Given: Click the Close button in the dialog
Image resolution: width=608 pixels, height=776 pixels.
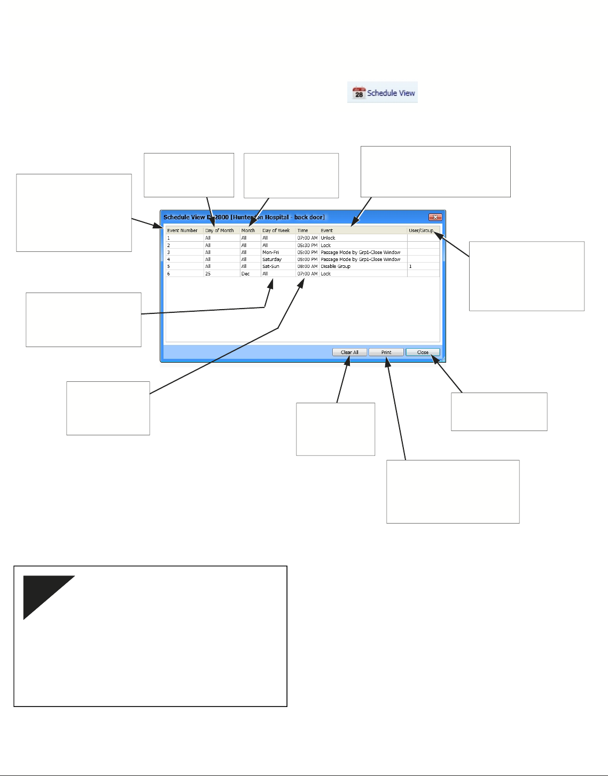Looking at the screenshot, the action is [423, 352].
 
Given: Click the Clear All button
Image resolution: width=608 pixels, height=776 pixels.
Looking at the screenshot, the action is [349, 352].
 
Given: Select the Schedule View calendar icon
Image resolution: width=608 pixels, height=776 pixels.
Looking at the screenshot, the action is [358, 93].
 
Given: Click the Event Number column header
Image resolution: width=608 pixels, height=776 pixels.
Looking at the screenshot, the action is [182, 231].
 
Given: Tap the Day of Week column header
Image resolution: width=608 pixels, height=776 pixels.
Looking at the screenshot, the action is [276, 231].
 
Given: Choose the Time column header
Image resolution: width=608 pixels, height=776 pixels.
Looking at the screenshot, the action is [303, 231].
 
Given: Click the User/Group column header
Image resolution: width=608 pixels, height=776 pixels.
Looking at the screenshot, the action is [421, 231].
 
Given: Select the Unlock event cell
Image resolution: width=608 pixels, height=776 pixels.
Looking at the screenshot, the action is [328, 238].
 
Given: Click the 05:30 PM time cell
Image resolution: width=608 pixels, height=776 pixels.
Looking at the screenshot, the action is [307, 245].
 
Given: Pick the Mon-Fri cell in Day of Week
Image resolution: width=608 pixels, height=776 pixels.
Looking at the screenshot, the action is [270, 252].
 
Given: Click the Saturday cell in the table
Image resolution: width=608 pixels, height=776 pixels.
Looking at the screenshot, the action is [272, 259].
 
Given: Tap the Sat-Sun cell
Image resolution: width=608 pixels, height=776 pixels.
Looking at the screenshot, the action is [270, 266].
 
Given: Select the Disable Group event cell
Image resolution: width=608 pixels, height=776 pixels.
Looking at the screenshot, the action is [336, 266].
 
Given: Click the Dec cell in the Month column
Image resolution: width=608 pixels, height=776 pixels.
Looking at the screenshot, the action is [245, 274].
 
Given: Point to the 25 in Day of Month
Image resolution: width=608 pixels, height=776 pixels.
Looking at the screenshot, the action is [208, 274].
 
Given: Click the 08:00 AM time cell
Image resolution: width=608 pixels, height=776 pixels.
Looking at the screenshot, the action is [307, 266].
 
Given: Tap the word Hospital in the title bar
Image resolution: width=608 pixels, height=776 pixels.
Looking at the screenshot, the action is [277, 217].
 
